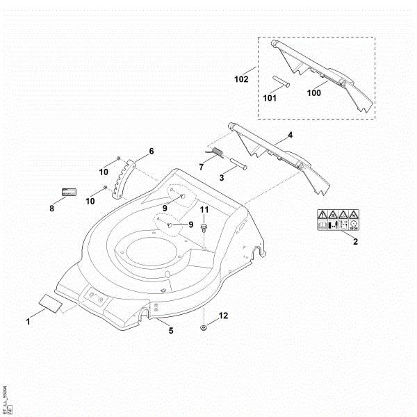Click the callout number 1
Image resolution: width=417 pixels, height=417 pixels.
[x=28, y=321]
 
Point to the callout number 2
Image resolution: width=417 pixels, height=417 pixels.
[x=355, y=241]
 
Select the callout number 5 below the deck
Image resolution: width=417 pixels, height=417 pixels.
[x=171, y=330]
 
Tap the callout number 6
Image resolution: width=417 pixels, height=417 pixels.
[x=151, y=151]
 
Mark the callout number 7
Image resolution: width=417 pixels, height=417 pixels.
[x=202, y=167]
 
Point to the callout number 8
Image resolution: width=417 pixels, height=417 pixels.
[x=51, y=207]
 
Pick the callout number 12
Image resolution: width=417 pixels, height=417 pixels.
[x=222, y=316]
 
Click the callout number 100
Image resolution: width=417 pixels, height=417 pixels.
[x=314, y=91]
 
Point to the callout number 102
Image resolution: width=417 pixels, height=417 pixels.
[x=241, y=79]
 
